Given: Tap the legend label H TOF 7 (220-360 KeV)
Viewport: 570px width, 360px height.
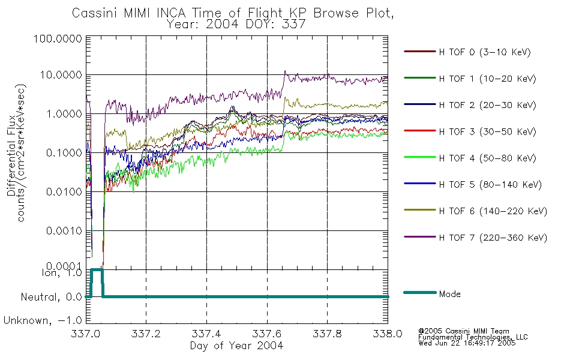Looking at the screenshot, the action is click(493, 238).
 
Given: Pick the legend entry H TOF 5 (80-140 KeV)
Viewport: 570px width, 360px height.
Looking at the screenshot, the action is click(490, 185).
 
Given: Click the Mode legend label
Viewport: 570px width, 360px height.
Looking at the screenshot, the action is click(449, 294).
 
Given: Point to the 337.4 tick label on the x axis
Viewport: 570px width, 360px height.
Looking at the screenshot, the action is click(206, 334).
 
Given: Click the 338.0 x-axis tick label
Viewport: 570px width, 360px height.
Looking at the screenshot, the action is click(388, 334).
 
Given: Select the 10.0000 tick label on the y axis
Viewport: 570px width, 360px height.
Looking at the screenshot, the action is click(61, 75).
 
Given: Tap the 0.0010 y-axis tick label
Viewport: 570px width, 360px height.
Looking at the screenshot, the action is click(64, 231).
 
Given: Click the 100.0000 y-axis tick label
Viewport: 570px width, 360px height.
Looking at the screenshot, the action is click(58, 38).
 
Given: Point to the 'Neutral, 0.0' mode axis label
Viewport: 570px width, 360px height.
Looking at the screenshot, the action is click(51, 297).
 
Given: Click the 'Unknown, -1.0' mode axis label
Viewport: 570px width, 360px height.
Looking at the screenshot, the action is click(43, 320).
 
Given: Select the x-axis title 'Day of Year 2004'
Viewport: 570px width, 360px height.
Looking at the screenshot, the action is click(236, 346).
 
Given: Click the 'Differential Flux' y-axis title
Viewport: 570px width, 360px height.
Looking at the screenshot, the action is click(11, 155).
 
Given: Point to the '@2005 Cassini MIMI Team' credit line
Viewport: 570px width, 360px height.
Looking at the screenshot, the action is click(464, 331).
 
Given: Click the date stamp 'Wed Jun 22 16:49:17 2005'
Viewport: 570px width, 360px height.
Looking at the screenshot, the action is click(467, 343).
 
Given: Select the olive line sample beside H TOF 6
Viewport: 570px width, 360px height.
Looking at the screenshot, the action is click(420, 210).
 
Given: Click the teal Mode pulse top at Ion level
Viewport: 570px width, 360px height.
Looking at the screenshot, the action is click(97, 269).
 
